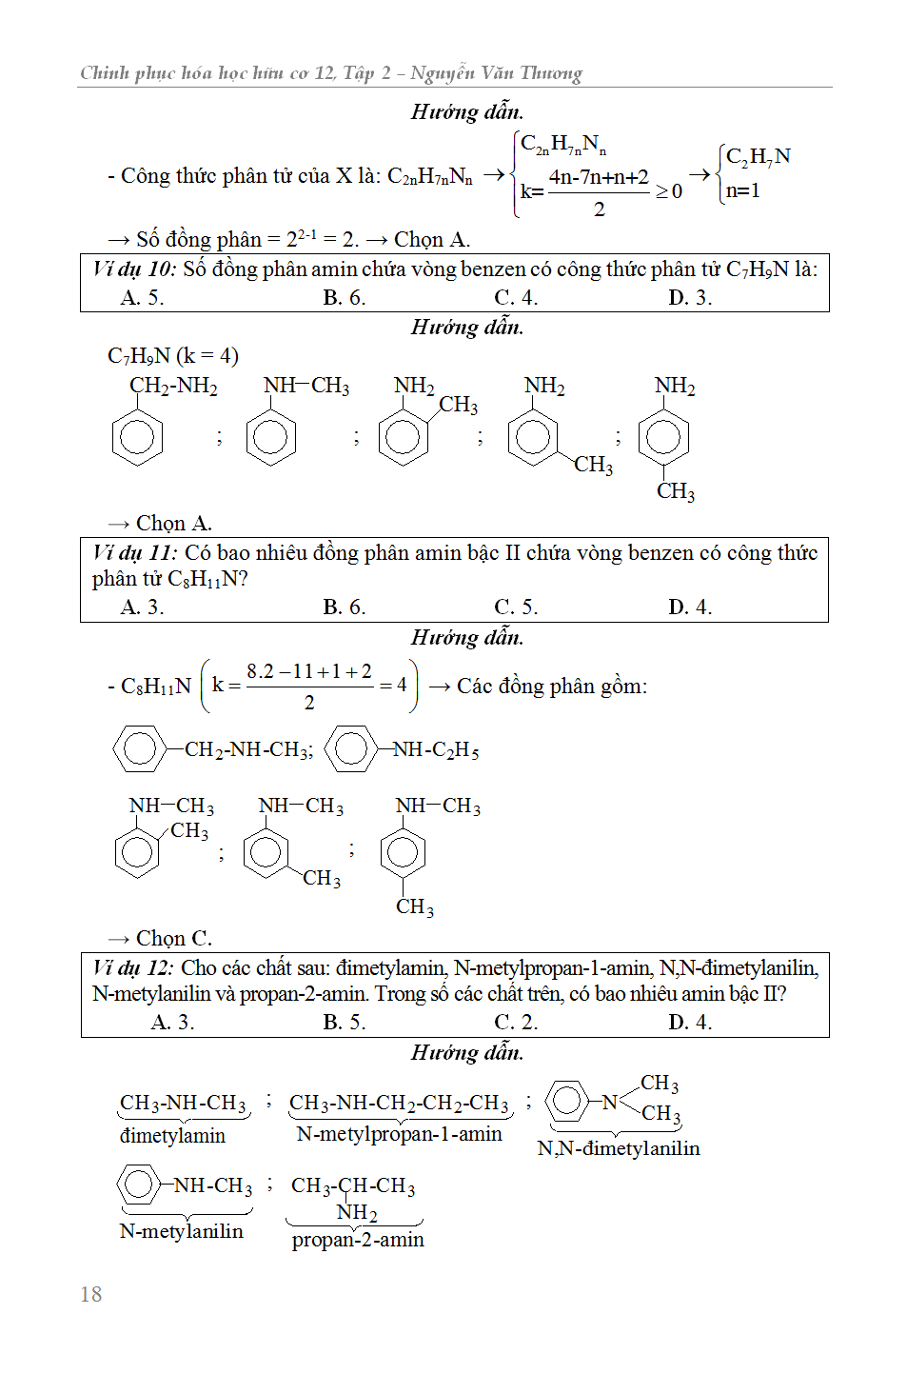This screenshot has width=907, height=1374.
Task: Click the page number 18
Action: click(91, 1294)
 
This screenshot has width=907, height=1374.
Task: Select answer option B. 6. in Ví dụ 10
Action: click(344, 298)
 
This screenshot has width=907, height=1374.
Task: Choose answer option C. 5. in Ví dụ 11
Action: click(516, 607)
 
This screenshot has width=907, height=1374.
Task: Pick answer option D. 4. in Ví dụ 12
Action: click(690, 1023)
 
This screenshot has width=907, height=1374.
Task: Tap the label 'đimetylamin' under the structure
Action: click(172, 1136)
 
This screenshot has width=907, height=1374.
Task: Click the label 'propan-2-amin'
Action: click(358, 1240)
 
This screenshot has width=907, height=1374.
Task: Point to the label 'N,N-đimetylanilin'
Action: click(619, 1148)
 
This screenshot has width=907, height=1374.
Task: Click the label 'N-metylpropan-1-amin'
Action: click(399, 1134)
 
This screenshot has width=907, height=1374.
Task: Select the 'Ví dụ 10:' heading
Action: click(134, 269)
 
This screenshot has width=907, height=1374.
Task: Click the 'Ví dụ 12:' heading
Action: click(134, 968)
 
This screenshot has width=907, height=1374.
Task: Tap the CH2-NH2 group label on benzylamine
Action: click(173, 386)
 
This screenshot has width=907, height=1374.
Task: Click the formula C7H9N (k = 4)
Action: click(173, 356)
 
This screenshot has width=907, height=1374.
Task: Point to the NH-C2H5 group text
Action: click(437, 750)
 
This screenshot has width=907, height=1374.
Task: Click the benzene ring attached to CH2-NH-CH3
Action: click(140, 748)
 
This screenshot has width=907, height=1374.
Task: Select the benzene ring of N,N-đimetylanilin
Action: click(568, 1101)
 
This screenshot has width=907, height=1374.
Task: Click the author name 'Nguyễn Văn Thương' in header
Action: click(496, 73)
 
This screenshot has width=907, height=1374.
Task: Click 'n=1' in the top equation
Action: click(742, 190)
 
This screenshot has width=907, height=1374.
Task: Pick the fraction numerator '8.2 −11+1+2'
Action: click(309, 671)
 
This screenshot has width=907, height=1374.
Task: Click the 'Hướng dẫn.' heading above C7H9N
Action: click(467, 328)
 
